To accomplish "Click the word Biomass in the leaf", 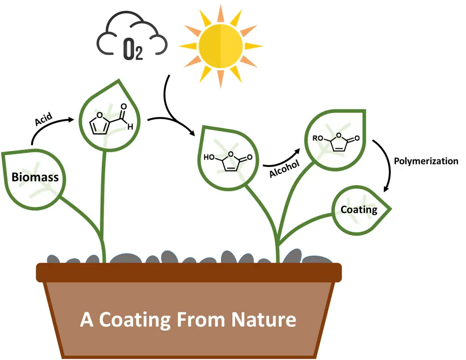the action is point(35,177).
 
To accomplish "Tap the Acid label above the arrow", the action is point(44,119).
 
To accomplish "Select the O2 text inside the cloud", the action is point(133,50).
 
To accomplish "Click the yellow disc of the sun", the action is point(220,46).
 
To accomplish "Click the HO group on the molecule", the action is point(209,157).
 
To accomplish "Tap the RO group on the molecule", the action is point(318,138).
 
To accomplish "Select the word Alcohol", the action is point(284,169).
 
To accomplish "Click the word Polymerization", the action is point(426,161).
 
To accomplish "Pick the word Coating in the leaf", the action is point(359,210).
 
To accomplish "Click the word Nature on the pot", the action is point(264,320).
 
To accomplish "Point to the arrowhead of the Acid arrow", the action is point(71,119).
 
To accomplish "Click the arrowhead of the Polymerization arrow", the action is point(386,189).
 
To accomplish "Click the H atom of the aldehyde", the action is point(130,127).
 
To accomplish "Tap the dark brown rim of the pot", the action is point(189,272).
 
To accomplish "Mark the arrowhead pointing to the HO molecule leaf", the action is point(192,133).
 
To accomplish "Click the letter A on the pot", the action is point(87,320).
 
